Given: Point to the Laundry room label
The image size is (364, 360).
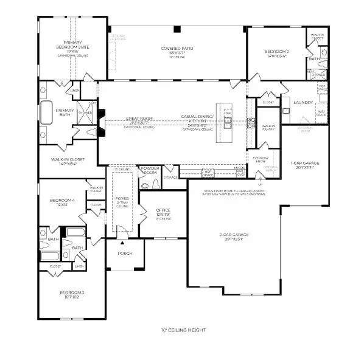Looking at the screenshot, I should pyautogui.click(x=303, y=103).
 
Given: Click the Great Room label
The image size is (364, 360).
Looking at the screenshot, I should pyautogui.click(x=139, y=120).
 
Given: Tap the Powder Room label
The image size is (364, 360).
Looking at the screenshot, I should pyautogui.click(x=150, y=170).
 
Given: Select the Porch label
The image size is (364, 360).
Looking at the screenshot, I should pyautogui.click(x=125, y=254).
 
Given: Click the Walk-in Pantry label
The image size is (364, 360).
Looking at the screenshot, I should pyautogui.click(x=268, y=128).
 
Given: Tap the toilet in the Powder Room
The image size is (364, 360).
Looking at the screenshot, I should pyautogui.click(x=156, y=182).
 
